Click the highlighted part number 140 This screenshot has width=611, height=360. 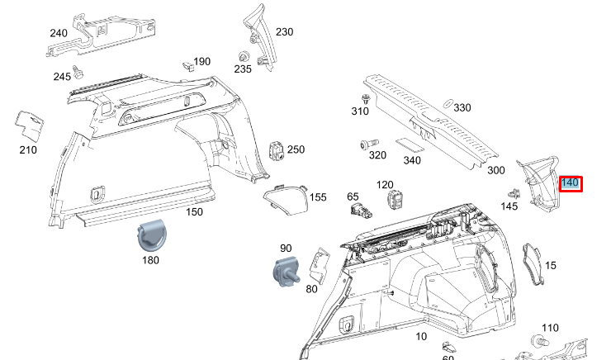point(571,183)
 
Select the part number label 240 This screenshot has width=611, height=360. point(59,33)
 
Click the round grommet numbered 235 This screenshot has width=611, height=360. point(244,56)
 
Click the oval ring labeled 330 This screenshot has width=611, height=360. point(445,105)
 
